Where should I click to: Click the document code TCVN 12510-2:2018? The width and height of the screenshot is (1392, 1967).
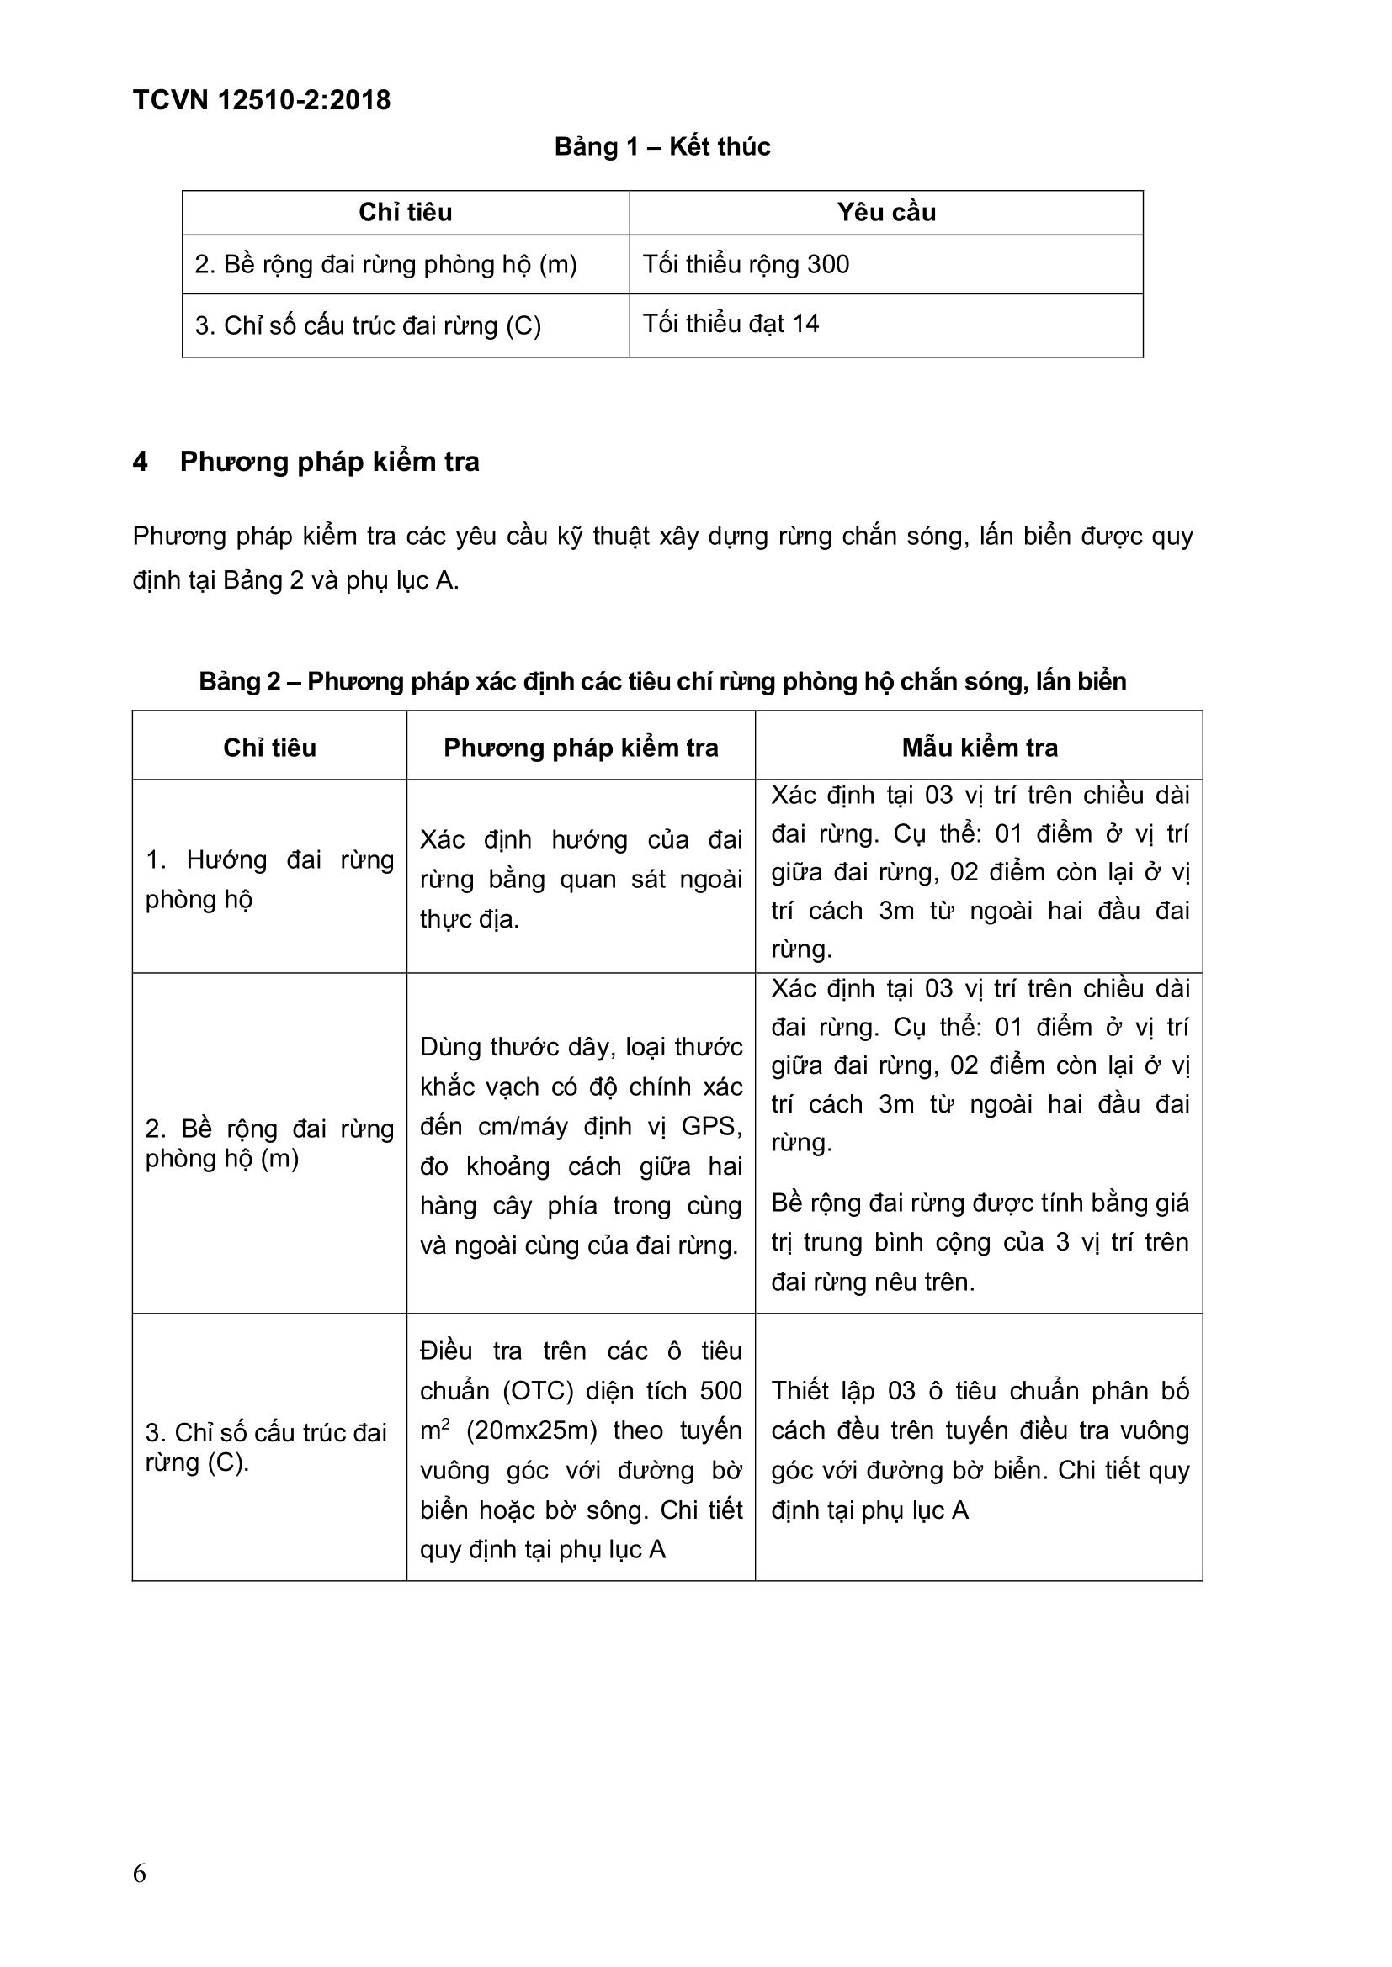[262, 100]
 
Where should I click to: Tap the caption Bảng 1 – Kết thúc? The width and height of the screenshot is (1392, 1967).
[661, 146]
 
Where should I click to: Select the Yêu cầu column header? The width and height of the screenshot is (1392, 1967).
[886, 213]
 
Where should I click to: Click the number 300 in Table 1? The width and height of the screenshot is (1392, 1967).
[827, 264]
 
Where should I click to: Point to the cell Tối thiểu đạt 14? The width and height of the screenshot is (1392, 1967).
[731, 324]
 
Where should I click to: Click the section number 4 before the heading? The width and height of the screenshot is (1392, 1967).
[141, 462]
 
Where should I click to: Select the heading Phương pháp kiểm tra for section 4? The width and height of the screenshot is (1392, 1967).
[329, 462]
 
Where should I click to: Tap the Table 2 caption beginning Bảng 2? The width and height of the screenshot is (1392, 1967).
[661, 681]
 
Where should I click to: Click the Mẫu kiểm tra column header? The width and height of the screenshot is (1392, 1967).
[979, 748]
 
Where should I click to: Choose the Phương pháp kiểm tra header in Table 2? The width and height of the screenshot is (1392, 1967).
[581, 748]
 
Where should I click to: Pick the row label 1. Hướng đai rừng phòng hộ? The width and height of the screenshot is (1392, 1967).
[269, 879]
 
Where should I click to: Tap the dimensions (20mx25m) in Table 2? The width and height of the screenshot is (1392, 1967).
[531, 1430]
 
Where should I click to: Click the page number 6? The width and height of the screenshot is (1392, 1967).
[140, 1874]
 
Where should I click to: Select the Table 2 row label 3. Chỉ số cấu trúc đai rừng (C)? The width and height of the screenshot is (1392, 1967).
[266, 1447]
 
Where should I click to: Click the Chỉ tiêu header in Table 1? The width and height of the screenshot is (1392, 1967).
[405, 213]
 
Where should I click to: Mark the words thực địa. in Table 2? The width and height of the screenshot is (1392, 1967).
[469, 919]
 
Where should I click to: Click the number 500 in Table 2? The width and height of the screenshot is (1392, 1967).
[721, 1390]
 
